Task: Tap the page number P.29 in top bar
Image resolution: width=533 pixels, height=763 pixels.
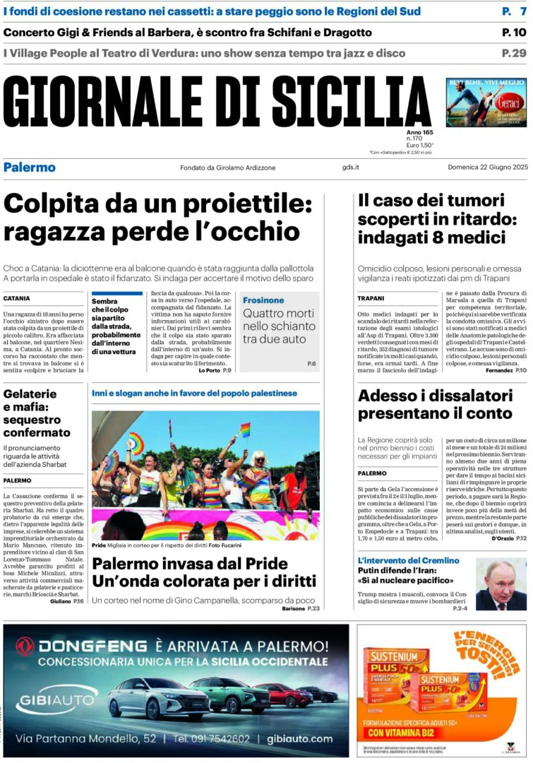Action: click(513, 53)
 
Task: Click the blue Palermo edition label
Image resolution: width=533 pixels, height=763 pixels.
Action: click(29, 167)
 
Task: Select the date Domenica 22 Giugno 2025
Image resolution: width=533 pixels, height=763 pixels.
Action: click(487, 167)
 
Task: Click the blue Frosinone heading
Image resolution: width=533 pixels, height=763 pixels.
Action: click(263, 300)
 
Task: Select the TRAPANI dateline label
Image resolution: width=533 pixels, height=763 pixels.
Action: click(371, 298)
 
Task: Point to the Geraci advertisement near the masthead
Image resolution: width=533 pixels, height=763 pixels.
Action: click(486, 102)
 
